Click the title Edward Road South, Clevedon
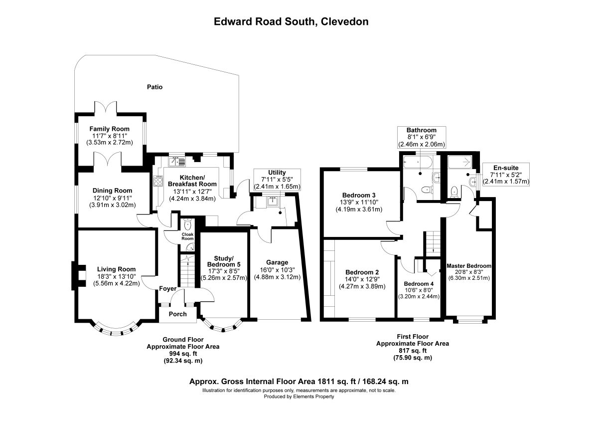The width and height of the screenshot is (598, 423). pos(291,21)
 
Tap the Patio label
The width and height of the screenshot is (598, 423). pos(154,87)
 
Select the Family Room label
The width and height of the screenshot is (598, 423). pos(110,129)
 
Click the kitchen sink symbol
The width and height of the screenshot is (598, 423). pos(177,162)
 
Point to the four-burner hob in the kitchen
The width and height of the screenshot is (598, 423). pos(158,181)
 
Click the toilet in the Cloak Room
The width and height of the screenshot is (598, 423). pos(188,224)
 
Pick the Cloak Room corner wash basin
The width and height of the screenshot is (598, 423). pos(190,247)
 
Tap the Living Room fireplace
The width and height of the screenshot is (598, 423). pos(79,276)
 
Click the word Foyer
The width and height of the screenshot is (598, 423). pos(167,289)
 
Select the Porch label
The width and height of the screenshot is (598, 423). pos(177,314)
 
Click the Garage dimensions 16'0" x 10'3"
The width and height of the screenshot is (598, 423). pos(278,270)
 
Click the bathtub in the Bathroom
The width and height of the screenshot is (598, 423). pos(417,163)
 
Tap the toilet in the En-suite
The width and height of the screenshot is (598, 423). pos(454,192)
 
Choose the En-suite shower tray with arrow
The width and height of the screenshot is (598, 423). pos(460,162)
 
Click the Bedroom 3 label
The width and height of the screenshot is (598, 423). pos(359,196)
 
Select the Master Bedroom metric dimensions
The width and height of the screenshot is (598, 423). pos(469,278)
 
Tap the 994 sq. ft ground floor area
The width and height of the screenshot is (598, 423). pos(183,354)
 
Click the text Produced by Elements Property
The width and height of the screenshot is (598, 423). pos(299,397)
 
